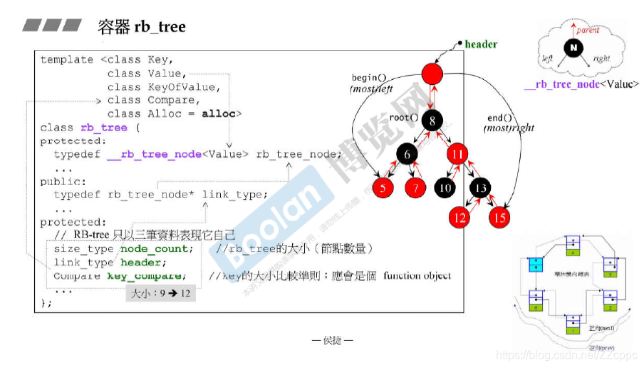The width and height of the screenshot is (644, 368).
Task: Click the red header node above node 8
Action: tap(432, 73)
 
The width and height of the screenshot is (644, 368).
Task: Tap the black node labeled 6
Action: tap(407, 154)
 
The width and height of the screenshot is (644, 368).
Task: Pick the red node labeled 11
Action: tap(458, 154)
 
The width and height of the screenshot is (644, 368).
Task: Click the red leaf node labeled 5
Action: tap(383, 188)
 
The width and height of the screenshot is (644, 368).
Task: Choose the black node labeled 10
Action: tap(445, 188)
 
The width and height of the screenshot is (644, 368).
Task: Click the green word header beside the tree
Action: tap(481, 44)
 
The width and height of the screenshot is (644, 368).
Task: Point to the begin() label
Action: tap(368, 78)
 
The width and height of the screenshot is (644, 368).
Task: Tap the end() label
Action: tap(499, 118)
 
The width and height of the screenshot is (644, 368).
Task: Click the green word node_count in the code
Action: tap(156, 249)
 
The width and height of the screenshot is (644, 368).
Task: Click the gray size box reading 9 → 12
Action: tap(161, 293)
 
